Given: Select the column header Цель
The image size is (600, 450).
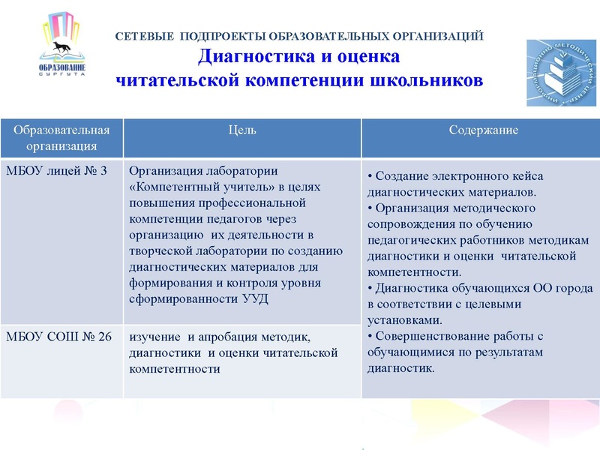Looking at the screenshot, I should (x=242, y=130).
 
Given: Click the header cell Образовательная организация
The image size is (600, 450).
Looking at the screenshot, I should (x=61, y=137).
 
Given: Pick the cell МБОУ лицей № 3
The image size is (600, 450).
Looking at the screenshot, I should (x=56, y=170).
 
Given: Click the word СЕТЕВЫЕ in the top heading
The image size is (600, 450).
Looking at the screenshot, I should (x=143, y=35).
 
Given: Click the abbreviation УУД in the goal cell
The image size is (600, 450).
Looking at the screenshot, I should (x=255, y=299).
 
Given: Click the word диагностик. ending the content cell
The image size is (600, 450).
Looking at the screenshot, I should (x=400, y=368).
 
